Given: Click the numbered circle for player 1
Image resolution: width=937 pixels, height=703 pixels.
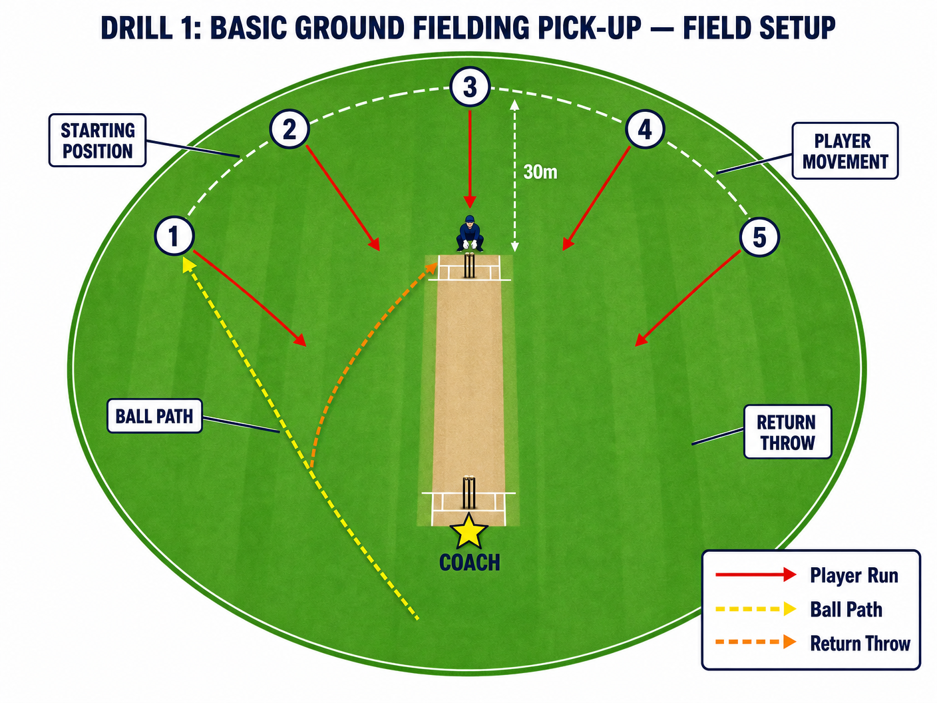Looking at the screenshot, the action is coord(174,236).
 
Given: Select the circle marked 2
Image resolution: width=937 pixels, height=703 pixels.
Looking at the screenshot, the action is coord(289,129).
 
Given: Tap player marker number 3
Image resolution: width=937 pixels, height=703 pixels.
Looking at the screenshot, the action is coord(470,87).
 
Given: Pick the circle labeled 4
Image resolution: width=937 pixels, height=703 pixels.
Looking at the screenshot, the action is coord(645,129).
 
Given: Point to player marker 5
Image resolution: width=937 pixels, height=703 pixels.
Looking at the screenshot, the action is coord(759,237).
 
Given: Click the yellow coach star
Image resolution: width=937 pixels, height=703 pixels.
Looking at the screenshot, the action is coord(468,532).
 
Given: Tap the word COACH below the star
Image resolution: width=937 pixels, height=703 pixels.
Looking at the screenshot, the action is coord(470,563).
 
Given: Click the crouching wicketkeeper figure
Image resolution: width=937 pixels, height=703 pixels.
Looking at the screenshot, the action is coord(470,233).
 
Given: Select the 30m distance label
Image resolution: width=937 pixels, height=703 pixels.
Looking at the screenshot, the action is coord(540,172).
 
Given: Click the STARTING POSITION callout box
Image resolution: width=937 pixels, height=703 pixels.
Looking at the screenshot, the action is coord(97,140).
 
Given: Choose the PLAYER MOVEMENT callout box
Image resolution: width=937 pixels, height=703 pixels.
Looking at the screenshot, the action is coord(844,150).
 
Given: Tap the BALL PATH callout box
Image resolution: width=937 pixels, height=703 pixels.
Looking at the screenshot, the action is coord(154,415).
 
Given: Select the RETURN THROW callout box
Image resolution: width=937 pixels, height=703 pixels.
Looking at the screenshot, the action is coord(787,431).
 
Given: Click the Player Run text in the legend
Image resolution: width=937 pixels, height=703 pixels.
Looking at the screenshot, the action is coord(854,575).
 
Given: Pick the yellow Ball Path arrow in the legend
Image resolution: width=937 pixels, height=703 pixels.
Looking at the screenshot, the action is coord(755,609).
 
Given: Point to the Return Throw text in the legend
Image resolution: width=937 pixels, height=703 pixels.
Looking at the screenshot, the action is coord(860,643).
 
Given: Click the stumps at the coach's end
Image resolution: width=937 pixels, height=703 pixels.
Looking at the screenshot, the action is coord(468,492).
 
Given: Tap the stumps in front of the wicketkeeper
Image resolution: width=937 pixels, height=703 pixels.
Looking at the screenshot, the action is coord(469,265).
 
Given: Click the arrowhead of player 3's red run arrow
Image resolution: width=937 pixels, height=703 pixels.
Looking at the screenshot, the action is coord(470,202).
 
